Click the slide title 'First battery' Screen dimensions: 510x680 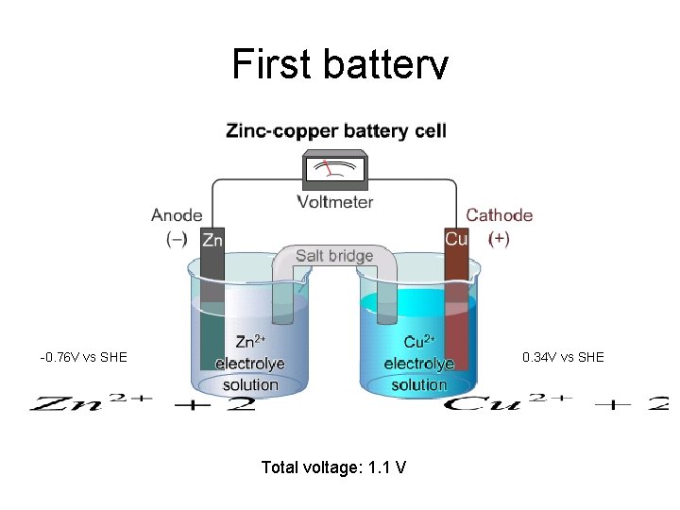click(x=339, y=64)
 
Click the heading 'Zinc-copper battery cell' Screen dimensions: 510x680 click(x=335, y=130)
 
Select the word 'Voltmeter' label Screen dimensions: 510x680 click(x=335, y=201)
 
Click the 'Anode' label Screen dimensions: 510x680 click(x=177, y=215)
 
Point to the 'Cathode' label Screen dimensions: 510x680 click(x=499, y=215)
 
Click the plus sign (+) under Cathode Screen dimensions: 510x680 click(x=499, y=239)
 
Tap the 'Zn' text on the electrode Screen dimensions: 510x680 click(x=212, y=240)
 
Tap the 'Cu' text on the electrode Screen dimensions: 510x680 click(x=456, y=239)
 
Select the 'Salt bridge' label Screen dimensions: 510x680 click(x=334, y=255)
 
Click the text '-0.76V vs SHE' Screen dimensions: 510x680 click(x=83, y=357)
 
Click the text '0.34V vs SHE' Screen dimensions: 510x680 click(x=563, y=357)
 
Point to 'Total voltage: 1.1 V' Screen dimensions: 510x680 click(x=334, y=467)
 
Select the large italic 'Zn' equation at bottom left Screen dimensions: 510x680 click(x=142, y=403)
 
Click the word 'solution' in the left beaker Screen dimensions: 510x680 click(x=250, y=384)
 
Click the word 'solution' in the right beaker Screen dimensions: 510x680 click(x=418, y=384)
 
